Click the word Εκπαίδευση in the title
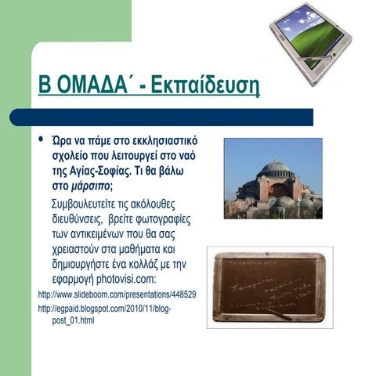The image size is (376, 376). point(214,85)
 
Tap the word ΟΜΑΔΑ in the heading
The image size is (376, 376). point(92,85)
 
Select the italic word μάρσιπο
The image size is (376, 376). point(86,185)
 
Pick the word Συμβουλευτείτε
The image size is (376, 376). point(82,205)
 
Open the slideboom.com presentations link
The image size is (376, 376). point(117,295)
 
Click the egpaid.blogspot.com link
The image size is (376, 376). point(105,309)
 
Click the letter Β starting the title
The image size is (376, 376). point(45,85)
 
